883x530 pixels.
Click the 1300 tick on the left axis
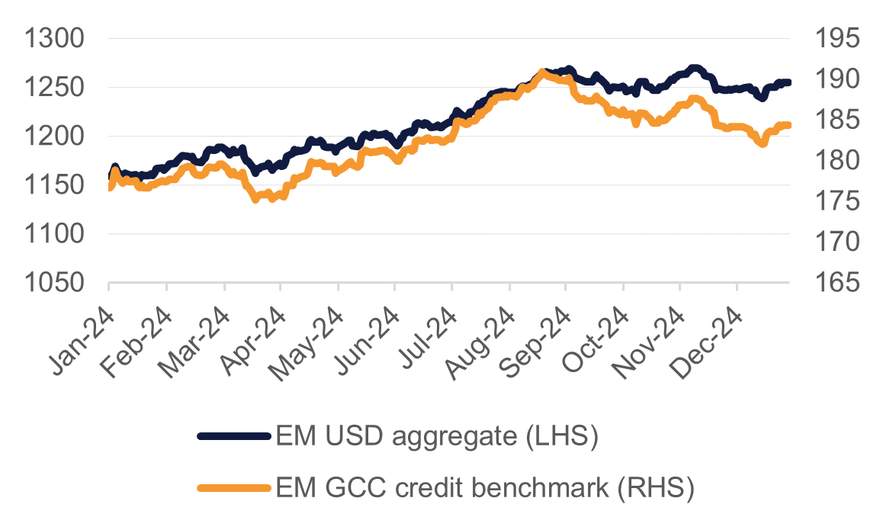55,38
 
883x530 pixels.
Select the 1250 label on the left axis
55,88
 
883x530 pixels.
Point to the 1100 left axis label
55,235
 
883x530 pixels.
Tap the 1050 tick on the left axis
55,284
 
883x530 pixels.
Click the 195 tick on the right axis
836,38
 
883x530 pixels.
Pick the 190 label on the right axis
836,79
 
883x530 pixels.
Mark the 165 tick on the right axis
836,284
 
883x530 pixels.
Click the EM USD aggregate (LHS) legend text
435,437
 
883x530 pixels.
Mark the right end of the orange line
788,125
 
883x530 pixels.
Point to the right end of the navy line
788,82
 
